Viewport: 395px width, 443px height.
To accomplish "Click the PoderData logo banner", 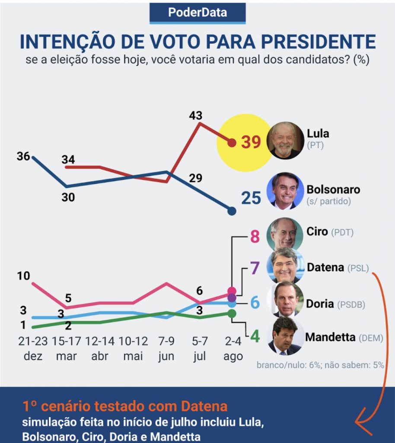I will click(197, 13).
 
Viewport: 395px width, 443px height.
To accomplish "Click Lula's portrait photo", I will click(285, 141).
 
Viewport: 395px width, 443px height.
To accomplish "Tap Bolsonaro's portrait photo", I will click(285, 191).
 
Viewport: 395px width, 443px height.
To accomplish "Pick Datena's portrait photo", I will click(285, 265).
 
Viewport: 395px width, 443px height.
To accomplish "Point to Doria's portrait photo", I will click(285, 299).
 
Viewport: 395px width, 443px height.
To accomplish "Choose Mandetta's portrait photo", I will click(285, 336).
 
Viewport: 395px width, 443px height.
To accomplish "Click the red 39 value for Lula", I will click(251, 142).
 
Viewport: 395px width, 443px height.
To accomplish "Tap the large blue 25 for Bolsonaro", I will click(251, 198).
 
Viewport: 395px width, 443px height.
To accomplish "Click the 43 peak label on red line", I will click(195, 116).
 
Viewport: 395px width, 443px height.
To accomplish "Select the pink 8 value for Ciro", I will click(255, 237).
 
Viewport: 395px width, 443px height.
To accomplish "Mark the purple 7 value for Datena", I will click(255, 268).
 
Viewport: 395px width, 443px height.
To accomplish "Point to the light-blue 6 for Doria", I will click(255, 303).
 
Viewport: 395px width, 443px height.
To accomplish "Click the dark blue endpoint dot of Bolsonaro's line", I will click(232, 211).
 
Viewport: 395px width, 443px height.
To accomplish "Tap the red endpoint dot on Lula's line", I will click(232, 142).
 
